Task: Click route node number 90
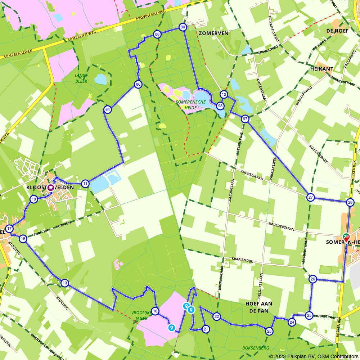click(183, 27)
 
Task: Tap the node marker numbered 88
click(157, 34)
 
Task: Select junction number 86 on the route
click(138, 85)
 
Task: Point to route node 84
click(107, 109)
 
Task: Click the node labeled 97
click(245, 119)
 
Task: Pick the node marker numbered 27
click(310, 197)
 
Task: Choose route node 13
click(64, 283)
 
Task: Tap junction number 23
click(269, 331)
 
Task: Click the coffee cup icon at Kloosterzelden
click(51, 187)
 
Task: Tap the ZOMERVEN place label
click(213, 33)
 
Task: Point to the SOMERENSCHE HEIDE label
click(191, 104)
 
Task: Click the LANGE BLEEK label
click(81, 78)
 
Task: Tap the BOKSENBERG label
click(256, 348)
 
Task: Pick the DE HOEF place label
click(337, 31)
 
